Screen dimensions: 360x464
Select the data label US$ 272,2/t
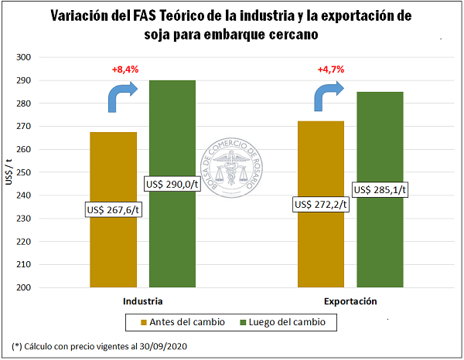tap(320, 205)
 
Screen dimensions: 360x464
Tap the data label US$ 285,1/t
tap(380, 189)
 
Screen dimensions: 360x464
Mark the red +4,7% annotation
tap(331, 70)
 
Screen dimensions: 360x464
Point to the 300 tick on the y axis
tap(44, 57)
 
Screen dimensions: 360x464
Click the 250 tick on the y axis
tap(44, 172)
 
